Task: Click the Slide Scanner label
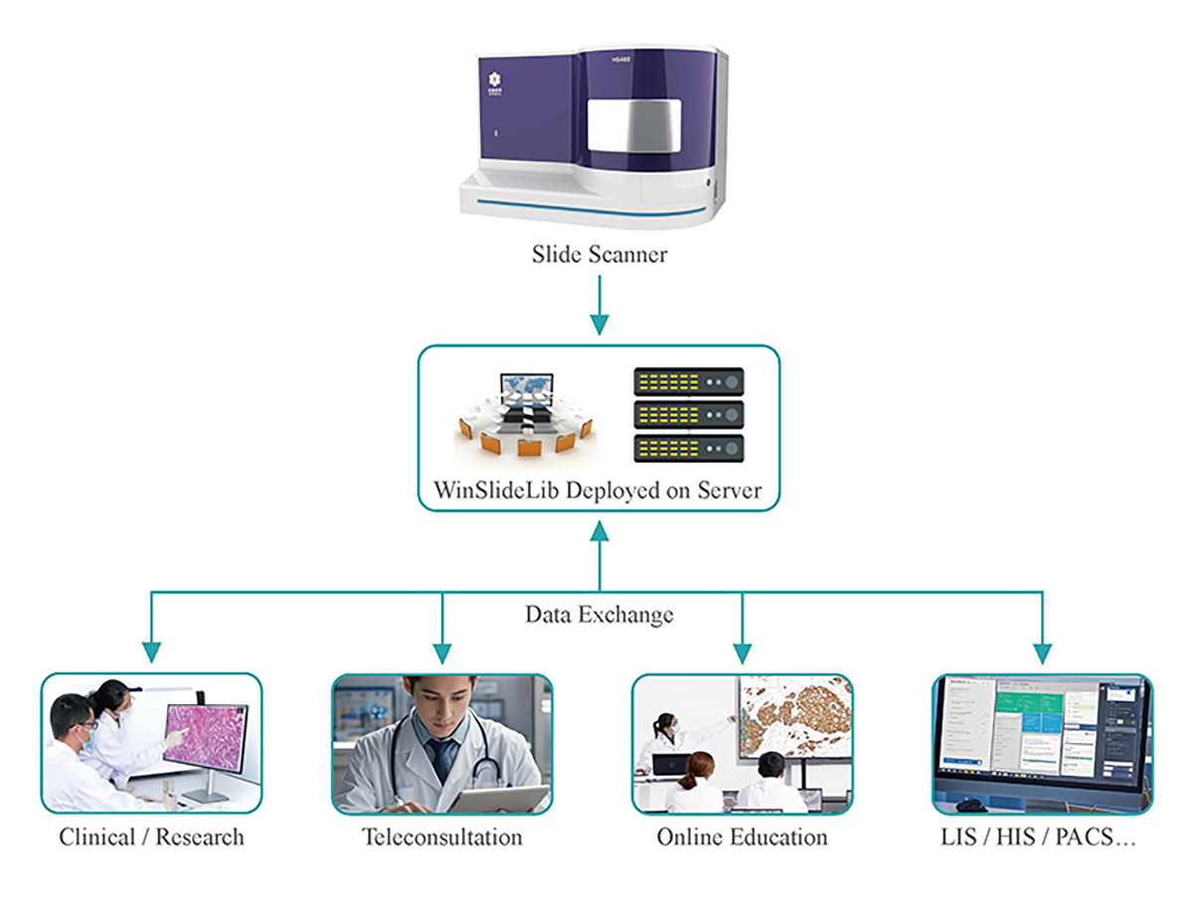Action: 598,254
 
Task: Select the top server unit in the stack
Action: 689,381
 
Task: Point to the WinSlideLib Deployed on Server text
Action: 597,491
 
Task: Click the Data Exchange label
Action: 598,615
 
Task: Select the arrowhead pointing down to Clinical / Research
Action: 151,652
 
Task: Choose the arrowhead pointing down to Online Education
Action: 742,652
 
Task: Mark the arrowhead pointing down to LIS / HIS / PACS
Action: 1042,652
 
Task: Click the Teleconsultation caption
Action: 441,837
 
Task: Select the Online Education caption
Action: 742,837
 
